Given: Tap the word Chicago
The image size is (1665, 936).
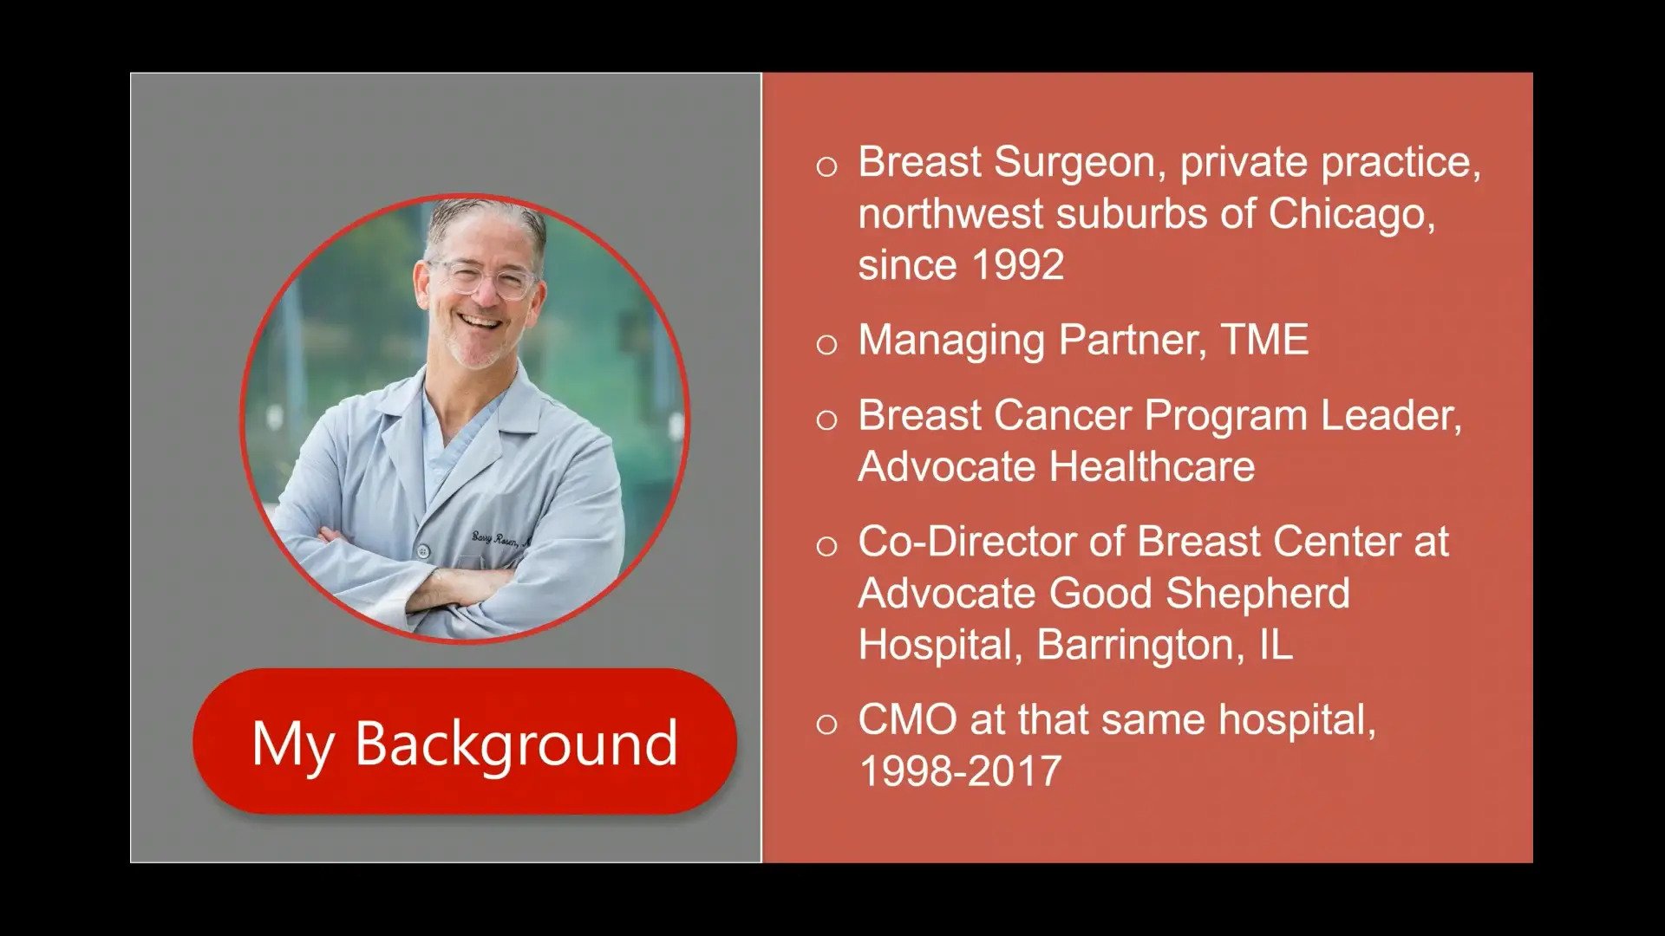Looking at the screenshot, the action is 1352,214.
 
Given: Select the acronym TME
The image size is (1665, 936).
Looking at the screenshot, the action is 1265,340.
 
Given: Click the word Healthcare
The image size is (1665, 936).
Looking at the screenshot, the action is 1152,467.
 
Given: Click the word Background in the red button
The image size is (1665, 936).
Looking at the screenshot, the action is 516,744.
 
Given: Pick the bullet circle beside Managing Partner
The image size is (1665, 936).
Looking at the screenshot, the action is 826,345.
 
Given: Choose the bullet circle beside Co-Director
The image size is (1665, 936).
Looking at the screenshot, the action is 826,546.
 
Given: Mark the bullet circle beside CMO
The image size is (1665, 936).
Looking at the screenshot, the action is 826,725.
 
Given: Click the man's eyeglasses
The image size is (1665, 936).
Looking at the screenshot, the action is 482,277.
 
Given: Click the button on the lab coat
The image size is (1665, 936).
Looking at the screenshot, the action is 423,550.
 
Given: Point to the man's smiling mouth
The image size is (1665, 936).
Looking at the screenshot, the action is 481,322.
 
